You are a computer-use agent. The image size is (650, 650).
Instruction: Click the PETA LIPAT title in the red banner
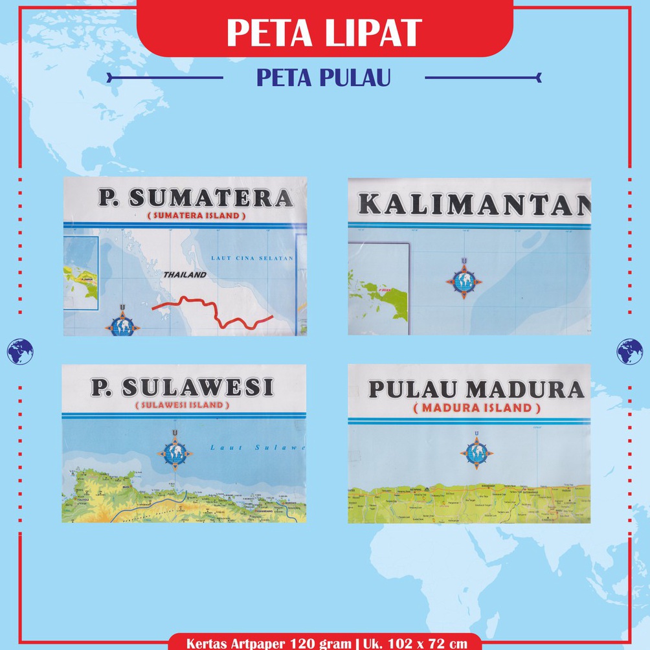pos(324,32)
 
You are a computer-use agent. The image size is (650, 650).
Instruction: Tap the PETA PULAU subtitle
pos(324,78)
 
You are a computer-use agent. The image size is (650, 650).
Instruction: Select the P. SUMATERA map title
pos(191,197)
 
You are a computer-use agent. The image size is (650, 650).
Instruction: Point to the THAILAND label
pos(185,275)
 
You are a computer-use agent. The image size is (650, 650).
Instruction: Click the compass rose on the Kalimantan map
pos(464,280)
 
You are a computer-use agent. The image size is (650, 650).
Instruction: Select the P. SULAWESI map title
pos(182,387)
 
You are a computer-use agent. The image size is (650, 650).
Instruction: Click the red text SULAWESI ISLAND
pos(182,405)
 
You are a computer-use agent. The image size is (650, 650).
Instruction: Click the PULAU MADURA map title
pos(476,389)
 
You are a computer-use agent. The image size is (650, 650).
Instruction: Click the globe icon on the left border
pos(20,351)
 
